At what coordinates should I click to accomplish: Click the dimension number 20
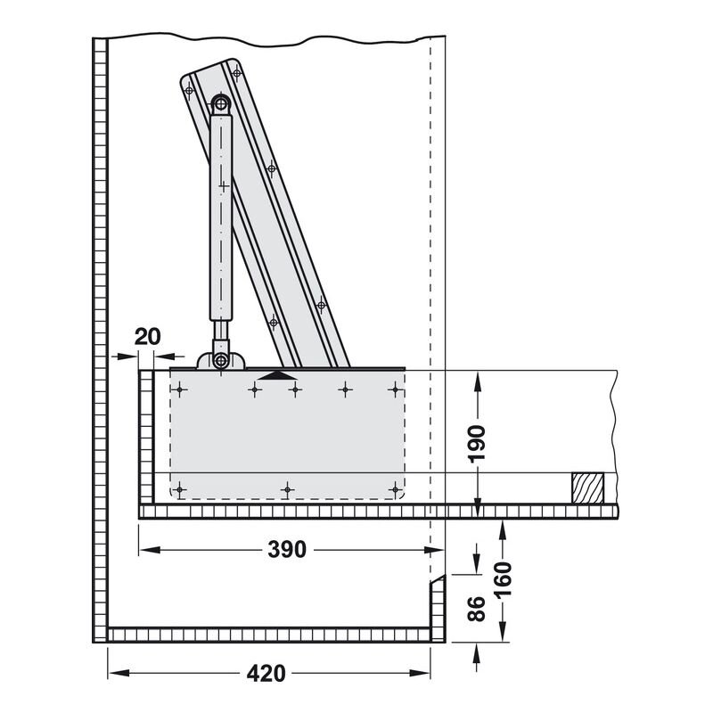click(148, 337)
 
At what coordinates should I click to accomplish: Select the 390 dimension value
click(287, 550)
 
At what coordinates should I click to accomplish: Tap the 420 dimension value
click(266, 674)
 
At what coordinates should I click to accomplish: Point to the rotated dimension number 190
click(477, 443)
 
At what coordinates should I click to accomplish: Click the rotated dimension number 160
click(503, 579)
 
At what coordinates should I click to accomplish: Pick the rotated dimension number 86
click(476, 609)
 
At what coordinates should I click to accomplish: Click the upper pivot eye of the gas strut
click(221, 104)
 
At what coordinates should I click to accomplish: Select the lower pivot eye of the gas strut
click(221, 361)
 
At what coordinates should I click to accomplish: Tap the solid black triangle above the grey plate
click(277, 374)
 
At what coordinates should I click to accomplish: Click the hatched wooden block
click(588, 488)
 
